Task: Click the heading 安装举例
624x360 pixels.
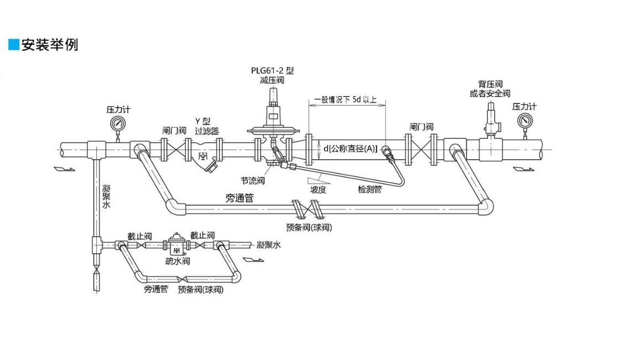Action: pyautogui.click(x=49, y=45)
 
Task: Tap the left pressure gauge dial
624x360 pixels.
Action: pyautogui.click(x=118, y=123)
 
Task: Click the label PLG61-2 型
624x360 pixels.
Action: pyautogui.click(x=272, y=71)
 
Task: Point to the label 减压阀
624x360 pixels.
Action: pyautogui.click(x=272, y=81)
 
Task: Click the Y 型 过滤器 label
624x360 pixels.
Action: pyautogui.click(x=206, y=126)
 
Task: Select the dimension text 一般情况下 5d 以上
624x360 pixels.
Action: pyautogui.click(x=345, y=100)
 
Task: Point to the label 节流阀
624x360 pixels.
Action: pyautogui.click(x=252, y=181)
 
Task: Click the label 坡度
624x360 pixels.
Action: pyautogui.click(x=318, y=189)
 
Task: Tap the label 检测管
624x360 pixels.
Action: pyautogui.click(x=370, y=189)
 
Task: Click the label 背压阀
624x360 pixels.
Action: pyautogui.click(x=490, y=84)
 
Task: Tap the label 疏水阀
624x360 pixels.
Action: pyautogui.click(x=177, y=261)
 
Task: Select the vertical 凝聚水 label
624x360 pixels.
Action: pyautogui.click(x=107, y=196)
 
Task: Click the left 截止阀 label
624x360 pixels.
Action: pyautogui.click(x=139, y=236)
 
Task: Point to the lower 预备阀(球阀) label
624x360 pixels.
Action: pyautogui.click(x=201, y=289)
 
